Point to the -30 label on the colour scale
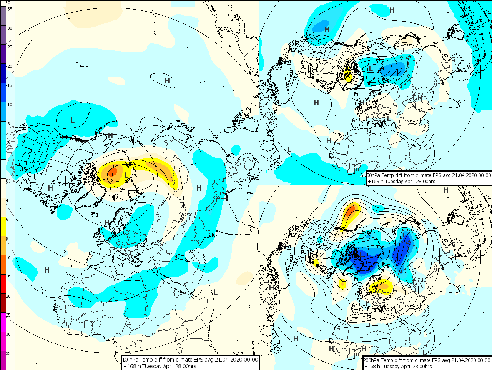pos(10,28)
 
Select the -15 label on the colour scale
pos(10,85)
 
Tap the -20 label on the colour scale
pos(10,66)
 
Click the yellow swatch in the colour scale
pos(3,227)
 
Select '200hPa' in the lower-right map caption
pos(372,360)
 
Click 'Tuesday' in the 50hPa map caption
pos(396,181)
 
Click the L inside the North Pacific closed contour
pos(73,120)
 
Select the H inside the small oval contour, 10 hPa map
pos(167,81)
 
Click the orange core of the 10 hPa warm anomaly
pos(112,172)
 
